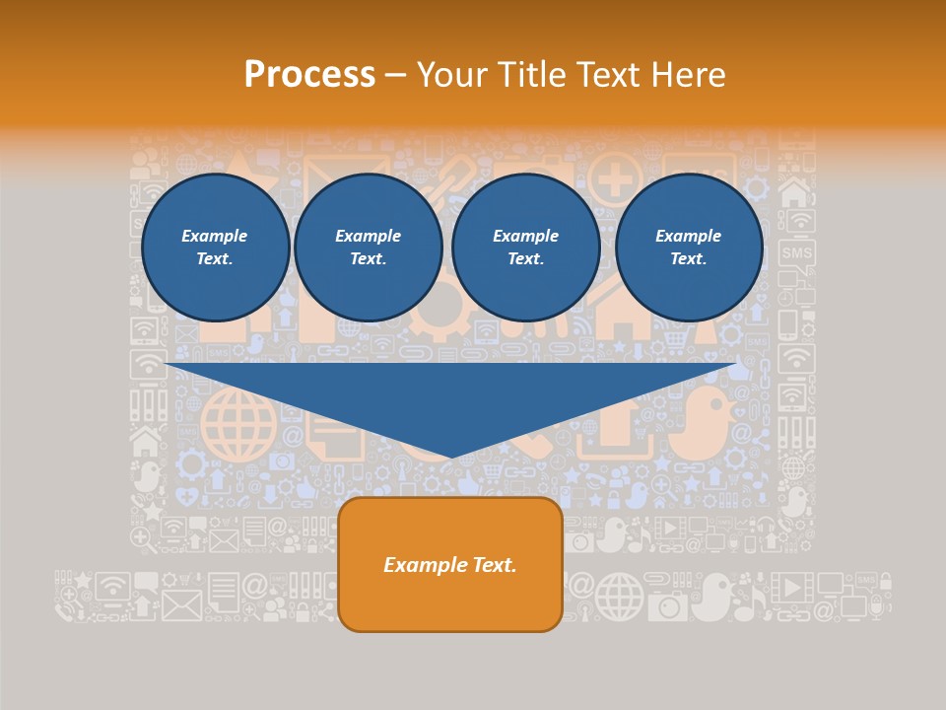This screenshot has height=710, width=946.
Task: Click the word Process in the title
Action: [x=309, y=75]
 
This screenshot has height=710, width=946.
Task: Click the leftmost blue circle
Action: [x=216, y=248]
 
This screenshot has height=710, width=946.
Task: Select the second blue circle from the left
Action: [x=369, y=248]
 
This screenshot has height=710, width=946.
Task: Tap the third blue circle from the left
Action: [x=526, y=248]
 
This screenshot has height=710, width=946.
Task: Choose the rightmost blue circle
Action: [x=689, y=248]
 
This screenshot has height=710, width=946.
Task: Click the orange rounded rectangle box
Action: [x=450, y=564]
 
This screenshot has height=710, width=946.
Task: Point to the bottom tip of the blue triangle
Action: [x=452, y=457]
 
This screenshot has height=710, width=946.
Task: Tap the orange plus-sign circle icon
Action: [x=615, y=179]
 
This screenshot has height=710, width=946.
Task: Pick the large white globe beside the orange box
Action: [x=619, y=596]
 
